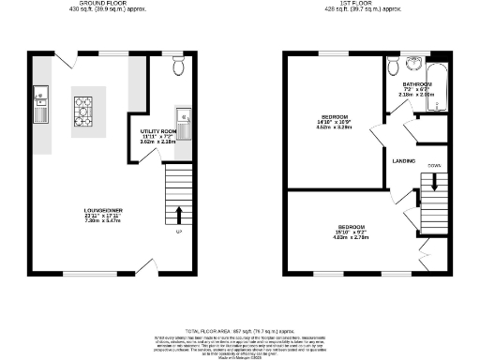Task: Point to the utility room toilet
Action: coord(179,66)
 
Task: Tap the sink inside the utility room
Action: coord(185,117)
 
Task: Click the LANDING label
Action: coord(404,160)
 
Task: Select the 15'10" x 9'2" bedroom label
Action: coord(352,228)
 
